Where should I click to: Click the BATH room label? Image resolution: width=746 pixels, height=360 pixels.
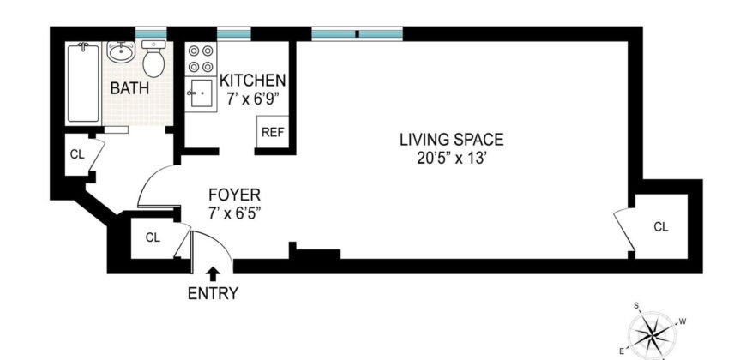coord(129,87)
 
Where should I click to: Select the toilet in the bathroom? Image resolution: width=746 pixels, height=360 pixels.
coord(154,60)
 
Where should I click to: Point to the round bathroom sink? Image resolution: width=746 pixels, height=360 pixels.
coord(121,52)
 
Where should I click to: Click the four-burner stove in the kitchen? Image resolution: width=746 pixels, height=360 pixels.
coord(200,58)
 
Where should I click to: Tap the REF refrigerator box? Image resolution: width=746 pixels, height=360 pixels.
coord(272,132)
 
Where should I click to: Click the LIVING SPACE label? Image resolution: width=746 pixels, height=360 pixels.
coord(451,140)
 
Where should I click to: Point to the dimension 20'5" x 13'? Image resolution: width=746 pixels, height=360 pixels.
coord(451,157)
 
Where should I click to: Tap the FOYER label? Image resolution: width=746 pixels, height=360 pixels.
coord(227,194)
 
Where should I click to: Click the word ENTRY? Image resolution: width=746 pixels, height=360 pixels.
coord(213,294)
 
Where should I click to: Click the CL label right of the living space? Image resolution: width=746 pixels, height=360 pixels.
coord(660,227)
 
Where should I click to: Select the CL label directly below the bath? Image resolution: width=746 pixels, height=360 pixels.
coord(76,155)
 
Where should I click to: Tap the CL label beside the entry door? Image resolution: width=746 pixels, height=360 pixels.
coord(153,237)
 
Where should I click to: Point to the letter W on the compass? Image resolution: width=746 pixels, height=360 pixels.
coord(683,321)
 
